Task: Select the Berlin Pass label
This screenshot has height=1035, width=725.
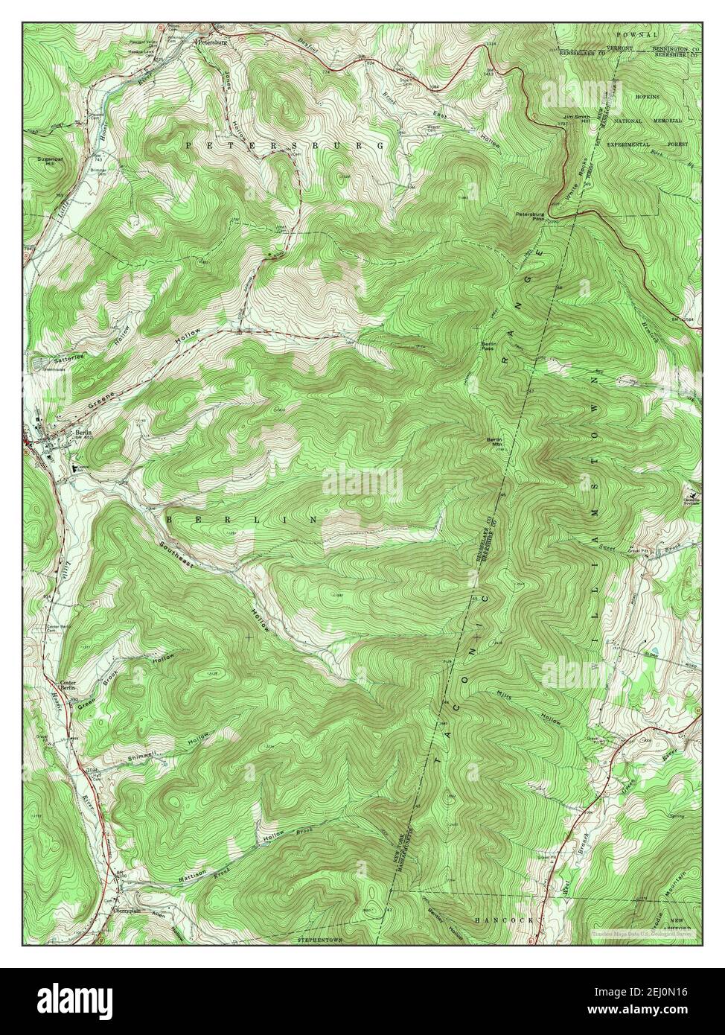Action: (488, 345)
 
